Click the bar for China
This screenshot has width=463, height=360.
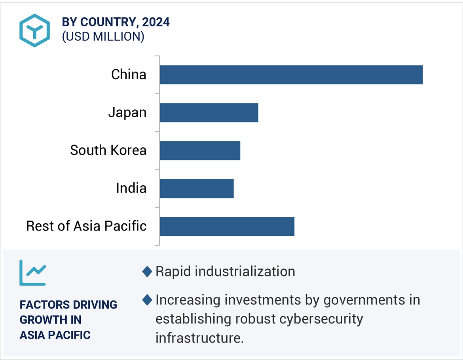click(291, 75)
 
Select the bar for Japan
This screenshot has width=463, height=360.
click(209, 113)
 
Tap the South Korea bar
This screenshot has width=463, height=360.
click(200, 150)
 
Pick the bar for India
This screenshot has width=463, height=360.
click(197, 189)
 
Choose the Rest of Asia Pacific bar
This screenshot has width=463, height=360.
click(227, 227)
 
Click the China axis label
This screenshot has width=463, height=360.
click(129, 74)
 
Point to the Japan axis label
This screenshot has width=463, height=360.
click(127, 112)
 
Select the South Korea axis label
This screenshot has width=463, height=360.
click(108, 150)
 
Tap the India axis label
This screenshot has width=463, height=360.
click(131, 188)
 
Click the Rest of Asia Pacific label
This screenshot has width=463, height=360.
click(86, 226)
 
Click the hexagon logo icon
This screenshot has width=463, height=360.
click(34, 30)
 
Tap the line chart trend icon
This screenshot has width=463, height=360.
click(32, 273)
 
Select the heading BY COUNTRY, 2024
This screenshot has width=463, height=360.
click(116, 22)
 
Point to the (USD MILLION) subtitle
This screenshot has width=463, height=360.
click(103, 36)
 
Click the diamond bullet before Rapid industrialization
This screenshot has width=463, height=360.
click(147, 272)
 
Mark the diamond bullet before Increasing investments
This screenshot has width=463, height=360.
click(147, 300)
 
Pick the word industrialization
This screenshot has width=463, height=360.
click(245, 272)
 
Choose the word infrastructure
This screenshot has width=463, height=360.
click(199, 338)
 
